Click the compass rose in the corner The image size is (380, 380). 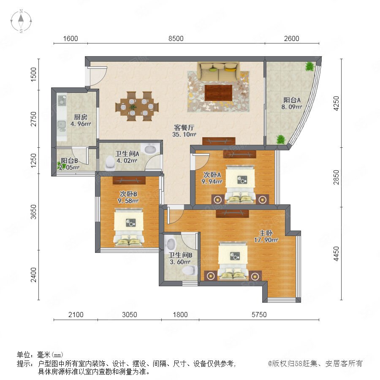[x=21, y=21]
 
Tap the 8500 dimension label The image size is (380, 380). [x=176, y=38]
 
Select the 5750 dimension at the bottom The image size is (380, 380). [x=259, y=315]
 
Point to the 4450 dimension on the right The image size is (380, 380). [x=337, y=254]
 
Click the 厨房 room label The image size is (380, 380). [x=81, y=117]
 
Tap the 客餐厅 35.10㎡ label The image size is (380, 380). [x=184, y=131]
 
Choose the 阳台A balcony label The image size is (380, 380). [x=292, y=100]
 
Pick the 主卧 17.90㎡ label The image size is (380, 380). [x=266, y=236]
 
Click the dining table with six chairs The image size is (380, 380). [x=137, y=106]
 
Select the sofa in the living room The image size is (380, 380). [x=218, y=71]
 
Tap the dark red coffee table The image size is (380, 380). [x=218, y=92]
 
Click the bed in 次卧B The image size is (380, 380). [x=129, y=226]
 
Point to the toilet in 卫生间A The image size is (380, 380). [x=110, y=163]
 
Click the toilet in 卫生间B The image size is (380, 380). [x=190, y=270]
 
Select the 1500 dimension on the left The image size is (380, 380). [x=34, y=74]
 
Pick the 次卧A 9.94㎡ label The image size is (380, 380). [x=212, y=178]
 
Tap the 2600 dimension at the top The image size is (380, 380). [x=291, y=38]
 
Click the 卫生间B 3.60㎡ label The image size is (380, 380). [x=180, y=258]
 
